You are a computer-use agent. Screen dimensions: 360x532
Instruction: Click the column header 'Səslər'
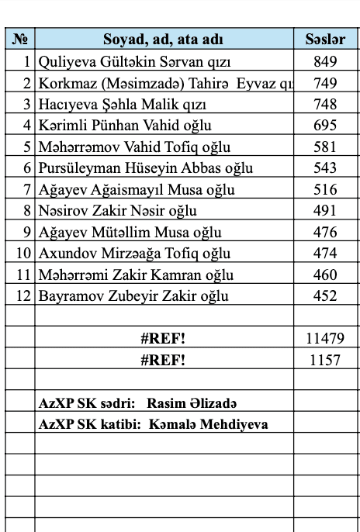click(x=325, y=40)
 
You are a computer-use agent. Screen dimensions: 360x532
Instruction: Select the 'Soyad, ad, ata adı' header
click(x=164, y=40)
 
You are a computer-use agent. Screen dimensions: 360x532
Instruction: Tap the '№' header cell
click(x=21, y=40)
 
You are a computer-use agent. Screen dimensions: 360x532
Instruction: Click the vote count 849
click(x=325, y=61)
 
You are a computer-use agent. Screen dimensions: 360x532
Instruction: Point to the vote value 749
click(x=325, y=83)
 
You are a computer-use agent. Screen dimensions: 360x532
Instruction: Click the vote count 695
click(x=325, y=125)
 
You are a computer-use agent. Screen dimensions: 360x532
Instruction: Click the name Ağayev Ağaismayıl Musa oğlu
click(x=130, y=189)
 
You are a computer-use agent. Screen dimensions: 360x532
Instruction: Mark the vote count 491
click(x=325, y=210)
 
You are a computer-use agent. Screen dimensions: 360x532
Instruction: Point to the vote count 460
click(x=325, y=275)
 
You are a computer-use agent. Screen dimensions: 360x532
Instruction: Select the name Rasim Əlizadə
click(x=193, y=403)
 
